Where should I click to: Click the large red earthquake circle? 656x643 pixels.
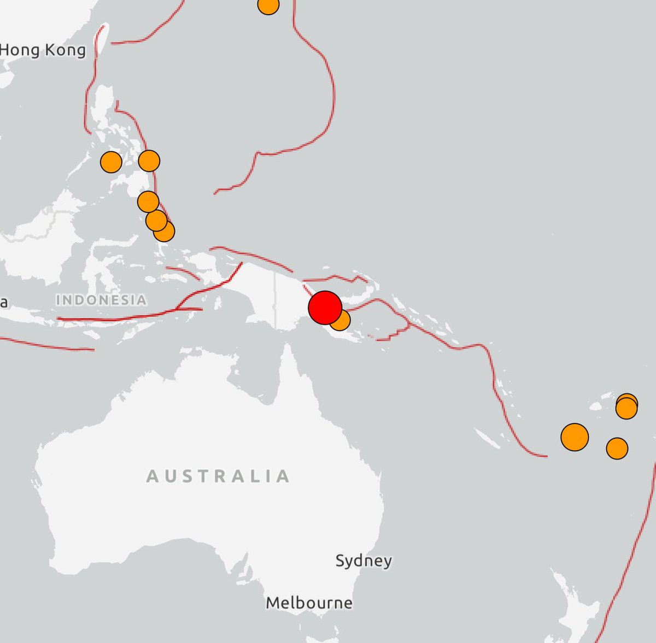(325, 308)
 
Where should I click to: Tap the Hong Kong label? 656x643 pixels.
(43, 50)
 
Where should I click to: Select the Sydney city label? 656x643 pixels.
(364, 561)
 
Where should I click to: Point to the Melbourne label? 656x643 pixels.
(309, 603)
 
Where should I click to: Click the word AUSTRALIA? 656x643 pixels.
(218, 476)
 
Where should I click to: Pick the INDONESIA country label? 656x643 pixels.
(101, 300)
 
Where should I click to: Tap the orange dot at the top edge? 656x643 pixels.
(268, 5)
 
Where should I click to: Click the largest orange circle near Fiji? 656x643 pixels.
(575, 437)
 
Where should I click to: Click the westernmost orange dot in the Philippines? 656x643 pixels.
(111, 162)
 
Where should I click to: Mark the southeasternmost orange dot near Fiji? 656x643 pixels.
(617, 449)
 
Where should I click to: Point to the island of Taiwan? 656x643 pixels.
(102, 38)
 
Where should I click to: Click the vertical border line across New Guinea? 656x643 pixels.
(274, 300)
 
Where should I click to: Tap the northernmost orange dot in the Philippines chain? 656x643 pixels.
(149, 161)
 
